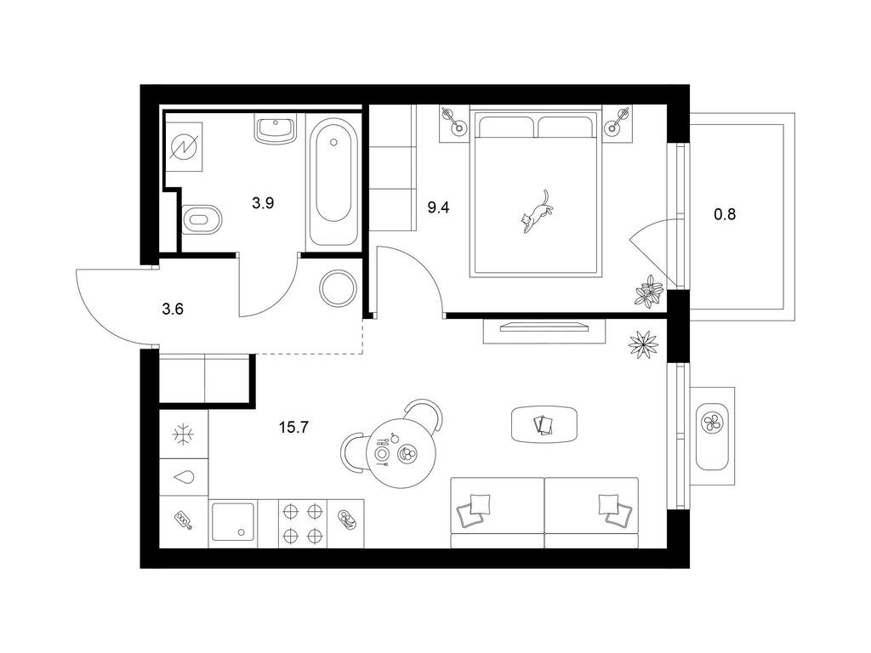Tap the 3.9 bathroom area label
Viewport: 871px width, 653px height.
click(x=263, y=203)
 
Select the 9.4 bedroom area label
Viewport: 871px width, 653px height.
click(x=438, y=208)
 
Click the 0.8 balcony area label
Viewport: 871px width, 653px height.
click(x=725, y=213)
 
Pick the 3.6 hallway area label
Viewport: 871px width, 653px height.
click(x=173, y=309)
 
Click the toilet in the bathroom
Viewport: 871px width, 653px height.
click(x=202, y=219)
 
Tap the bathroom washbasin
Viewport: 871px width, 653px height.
click(x=276, y=129)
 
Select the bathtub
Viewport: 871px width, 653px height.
click(x=333, y=181)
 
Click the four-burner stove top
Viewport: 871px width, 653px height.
click(x=303, y=523)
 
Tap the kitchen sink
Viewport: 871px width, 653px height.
click(x=232, y=523)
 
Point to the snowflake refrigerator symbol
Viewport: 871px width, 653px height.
click(x=183, y=434)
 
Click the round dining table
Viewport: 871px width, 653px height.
click(x=401, y=453)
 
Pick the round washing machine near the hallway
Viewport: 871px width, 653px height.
click(x=338, y=287)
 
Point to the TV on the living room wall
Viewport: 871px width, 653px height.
click(x=544, y=327)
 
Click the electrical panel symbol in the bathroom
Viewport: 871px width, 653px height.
click(x=184, y=147)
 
